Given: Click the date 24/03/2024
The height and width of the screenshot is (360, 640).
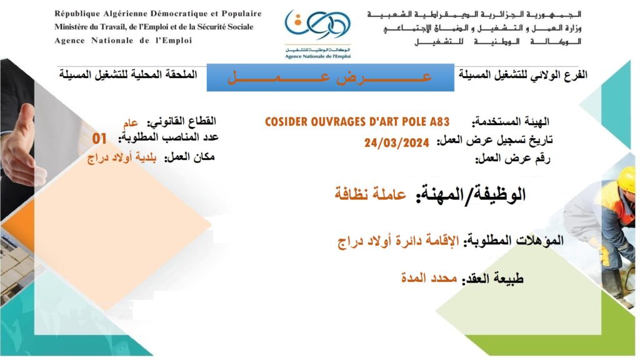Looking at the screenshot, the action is [397, 142].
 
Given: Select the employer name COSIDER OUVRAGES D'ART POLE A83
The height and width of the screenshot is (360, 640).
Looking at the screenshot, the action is [357, 122].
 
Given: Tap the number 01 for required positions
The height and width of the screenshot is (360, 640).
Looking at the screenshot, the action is [99, 139].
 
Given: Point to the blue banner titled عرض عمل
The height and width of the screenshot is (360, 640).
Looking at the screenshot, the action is [330, 77].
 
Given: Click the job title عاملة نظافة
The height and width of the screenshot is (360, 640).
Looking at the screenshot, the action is [370, 194].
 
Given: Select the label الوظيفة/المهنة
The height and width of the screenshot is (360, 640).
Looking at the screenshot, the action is [471, 194].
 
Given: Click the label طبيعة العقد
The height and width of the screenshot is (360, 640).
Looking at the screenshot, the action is [492, 279].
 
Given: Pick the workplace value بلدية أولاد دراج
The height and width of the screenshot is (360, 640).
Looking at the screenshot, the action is [122, 158].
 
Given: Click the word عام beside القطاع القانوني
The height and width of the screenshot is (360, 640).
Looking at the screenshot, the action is [131, 122].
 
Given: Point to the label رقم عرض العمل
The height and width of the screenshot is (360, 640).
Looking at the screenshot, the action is [512, 158].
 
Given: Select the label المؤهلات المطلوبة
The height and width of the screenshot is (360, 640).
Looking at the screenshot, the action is [512, 240].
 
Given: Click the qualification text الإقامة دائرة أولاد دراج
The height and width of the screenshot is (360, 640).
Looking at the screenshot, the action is [398, 241].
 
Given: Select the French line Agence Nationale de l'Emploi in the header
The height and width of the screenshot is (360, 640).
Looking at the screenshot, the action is [123, 41].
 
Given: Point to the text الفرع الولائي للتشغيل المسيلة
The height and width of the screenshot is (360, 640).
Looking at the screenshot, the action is [523, 75].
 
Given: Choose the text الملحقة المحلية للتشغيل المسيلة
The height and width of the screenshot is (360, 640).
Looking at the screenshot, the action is [128, 75].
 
